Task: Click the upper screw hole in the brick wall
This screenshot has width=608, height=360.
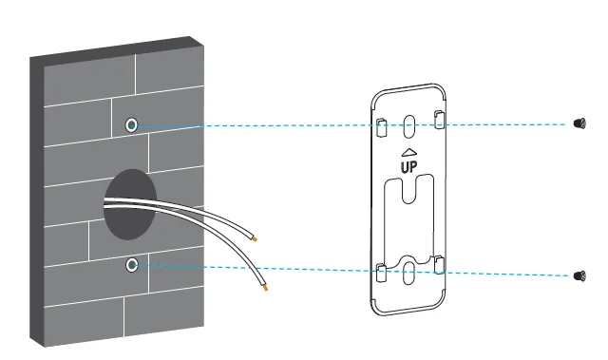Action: tap(132, 124)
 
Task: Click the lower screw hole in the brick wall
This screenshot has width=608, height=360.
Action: tap(132, 264)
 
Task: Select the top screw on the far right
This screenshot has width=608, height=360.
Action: tap(579, 124)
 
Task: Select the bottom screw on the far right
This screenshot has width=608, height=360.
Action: tap(579, 275)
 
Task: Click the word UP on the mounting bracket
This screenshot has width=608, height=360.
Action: tap(408, 166)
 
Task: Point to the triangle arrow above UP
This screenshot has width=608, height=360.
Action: tap(408, 151)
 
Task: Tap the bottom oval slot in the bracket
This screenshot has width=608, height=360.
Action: tap(408, 274)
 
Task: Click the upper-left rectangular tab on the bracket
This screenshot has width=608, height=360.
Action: tap(380, 124)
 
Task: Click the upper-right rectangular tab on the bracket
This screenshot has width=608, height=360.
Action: tap(438, 118)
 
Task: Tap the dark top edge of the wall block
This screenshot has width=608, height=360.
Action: tap(114, 47)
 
